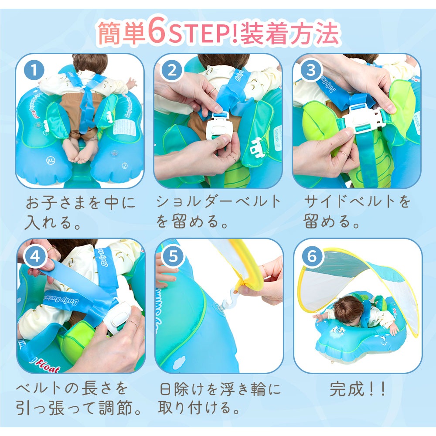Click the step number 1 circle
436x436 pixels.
(x=34, y=70)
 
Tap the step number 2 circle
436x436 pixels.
(x=172, y=70)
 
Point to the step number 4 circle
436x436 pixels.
(x=35, y=256)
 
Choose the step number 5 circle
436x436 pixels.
(x=173, y=256)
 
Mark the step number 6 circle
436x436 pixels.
(x=312, y=256)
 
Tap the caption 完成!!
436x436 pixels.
(x=357, y=389)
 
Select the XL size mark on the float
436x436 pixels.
(x=51, y=160)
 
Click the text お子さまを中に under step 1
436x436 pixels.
(x=80, y=203)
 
